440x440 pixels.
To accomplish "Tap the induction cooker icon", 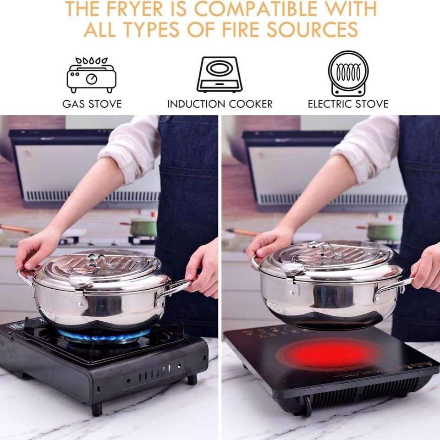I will click(220, 75).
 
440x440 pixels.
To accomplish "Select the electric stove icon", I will click(348, 74).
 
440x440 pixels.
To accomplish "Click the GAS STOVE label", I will click(92, 104).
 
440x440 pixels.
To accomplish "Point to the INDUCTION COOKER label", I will click(220, 104).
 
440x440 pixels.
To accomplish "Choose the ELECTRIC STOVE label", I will click(348, 104).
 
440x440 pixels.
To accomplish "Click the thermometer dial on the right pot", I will click(292, 268).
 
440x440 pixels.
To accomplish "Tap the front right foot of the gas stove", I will click(192, 379).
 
